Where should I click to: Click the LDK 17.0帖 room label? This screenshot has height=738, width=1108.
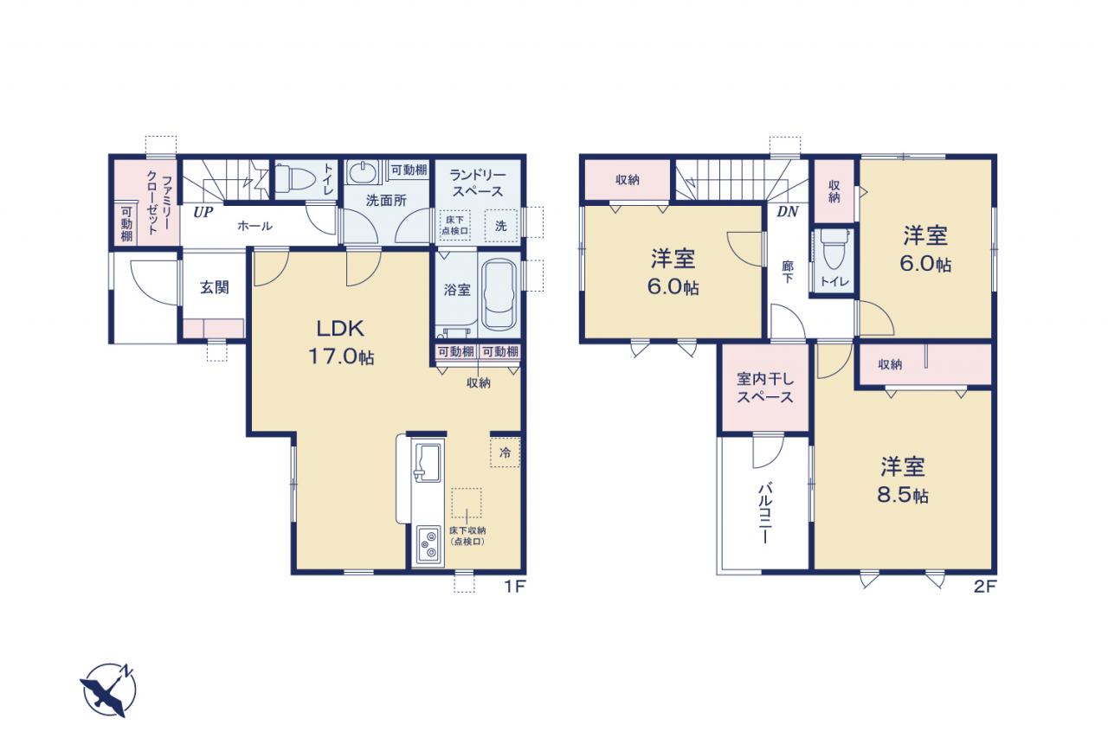[x=341, y=342]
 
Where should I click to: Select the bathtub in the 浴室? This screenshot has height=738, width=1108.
[x=499, y=295]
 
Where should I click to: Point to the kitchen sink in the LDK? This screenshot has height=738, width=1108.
[x=428, y=462]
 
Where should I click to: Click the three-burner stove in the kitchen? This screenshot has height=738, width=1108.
[x=428, y=545]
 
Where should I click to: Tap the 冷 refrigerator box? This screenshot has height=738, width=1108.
[x=505, y=452]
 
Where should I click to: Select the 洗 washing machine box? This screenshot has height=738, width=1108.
[x=501, y=226]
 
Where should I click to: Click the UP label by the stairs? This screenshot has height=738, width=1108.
[x=203, y=213]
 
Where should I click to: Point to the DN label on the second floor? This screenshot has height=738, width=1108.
[x=788, y=212]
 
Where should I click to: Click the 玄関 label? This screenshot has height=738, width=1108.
[x=215, y=287]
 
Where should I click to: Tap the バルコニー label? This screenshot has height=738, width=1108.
[x=764, y=513]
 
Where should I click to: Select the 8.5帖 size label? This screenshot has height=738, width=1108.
[x=903, y=495]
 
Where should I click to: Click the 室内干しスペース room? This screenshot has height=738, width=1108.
[x=765, y=388]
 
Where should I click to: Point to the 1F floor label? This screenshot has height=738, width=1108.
[x=514, y=587]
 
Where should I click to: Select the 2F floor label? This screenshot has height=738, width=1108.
[x=984, y=587]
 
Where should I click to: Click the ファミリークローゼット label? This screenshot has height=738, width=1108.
[x=158, y=202]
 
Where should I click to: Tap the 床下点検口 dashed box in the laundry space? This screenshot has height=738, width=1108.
[x=455, y=225]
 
